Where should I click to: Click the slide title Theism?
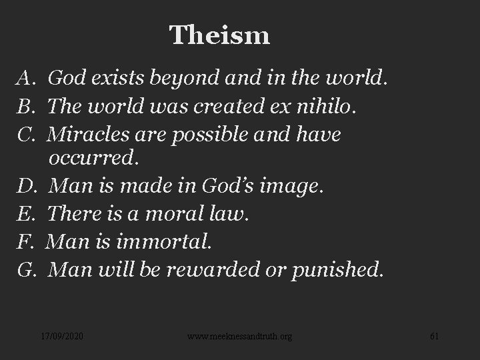coord(219,35)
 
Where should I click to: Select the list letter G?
coord(26,270)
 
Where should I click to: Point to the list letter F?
coord(25,242)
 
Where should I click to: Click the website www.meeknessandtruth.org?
coord(239,337)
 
